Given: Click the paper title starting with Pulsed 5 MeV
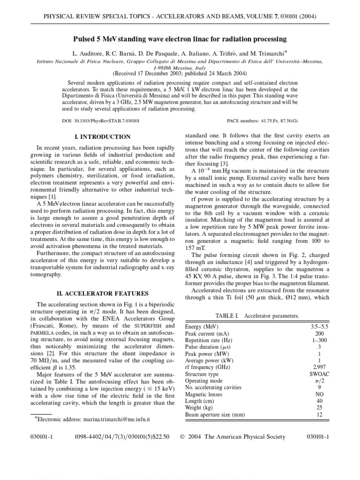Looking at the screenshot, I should click(x=180, y=39).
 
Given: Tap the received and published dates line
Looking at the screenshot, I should click(x=180, y=73).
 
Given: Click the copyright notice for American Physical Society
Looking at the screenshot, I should click(x=232, y=437).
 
